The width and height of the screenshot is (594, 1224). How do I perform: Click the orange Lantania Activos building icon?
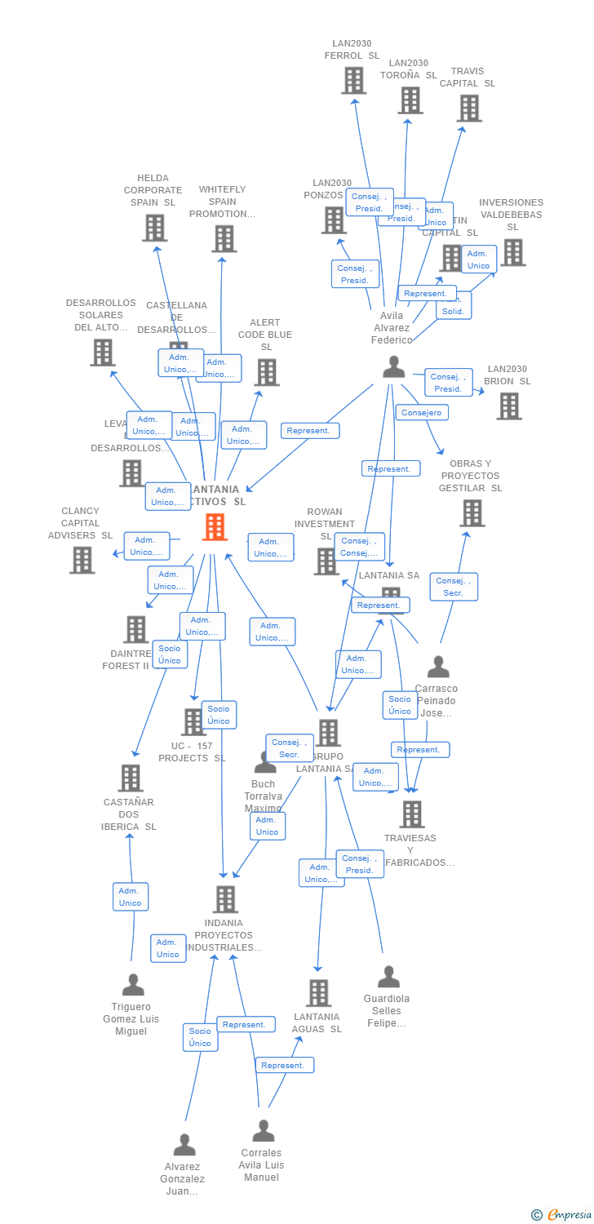click(215, 527)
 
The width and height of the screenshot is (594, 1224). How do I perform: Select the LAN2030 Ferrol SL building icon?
click(353, 80)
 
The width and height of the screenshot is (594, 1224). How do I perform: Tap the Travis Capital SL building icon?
click(469, 108)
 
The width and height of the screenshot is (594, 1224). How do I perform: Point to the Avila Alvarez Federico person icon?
click(393, 367)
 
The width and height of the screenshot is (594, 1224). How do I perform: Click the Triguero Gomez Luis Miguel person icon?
click(132, 985)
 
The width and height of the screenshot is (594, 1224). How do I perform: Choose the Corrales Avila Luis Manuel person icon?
click(263, 1131)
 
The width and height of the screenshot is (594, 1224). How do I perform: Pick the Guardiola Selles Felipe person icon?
click(388, 977)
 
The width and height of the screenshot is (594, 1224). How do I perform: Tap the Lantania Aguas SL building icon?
click(318, 993)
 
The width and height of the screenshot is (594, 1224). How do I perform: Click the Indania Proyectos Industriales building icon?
click(226, 899)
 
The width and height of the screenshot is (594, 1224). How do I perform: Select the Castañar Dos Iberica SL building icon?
click(131, 778)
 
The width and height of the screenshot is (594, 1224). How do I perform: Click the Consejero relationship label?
click(422, 413)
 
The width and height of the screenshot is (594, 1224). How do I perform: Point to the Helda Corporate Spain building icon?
click(155, 228)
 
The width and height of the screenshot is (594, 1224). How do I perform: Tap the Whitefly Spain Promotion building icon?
click(224, 238)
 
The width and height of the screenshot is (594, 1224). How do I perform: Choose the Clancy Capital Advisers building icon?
click(82, 560)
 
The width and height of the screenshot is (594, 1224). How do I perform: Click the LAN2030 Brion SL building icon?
click(508, 406)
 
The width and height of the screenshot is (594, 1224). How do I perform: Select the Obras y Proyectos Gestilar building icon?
click(472, 513)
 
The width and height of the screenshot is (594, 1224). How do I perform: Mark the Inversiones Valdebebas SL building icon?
click(512, 252)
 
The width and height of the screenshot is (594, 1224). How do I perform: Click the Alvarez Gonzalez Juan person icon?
click(184, 1145)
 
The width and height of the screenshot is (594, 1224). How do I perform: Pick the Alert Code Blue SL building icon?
click(266, 372)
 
